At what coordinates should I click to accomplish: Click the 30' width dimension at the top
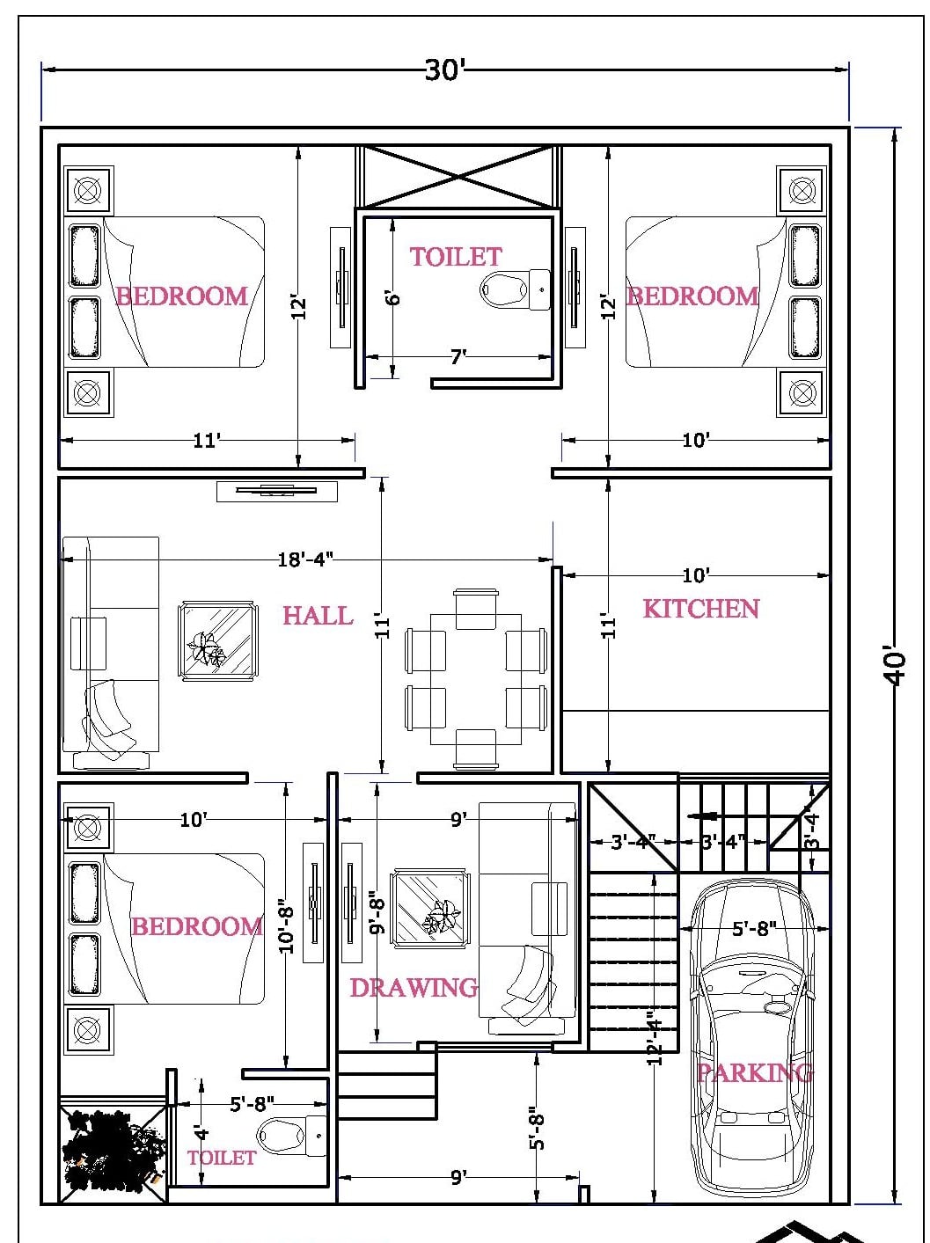coord(443,69)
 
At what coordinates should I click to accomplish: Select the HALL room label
coord(317,616)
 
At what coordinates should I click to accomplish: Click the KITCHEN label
coord(700,609)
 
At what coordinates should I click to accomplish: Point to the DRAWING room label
coord(414,988)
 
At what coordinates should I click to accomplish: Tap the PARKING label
coord(755,1072)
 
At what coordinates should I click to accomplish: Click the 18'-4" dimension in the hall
coord(305,559)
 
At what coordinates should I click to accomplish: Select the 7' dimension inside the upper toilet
coord(458,356)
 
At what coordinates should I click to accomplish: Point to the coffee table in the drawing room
coord(430,908)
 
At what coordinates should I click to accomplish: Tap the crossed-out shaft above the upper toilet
coord(458,177)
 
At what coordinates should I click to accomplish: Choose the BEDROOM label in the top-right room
coord(692,296)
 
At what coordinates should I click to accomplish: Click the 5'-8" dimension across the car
coord(754,928)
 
